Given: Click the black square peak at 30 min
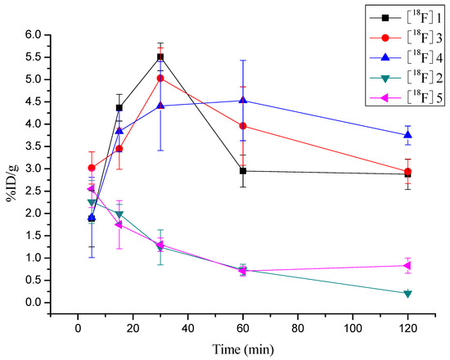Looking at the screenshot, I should [x=160, y=57].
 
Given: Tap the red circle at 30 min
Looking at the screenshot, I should [x=160, y=79].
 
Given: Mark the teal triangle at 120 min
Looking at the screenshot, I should [x=407, y=293].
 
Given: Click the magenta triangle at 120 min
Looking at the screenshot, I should [x=407, y=265].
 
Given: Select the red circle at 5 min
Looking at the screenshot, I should [x=92, y=168].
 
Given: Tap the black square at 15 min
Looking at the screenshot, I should [x=119, y=108].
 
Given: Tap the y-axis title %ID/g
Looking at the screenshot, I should [x=13, y=168].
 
